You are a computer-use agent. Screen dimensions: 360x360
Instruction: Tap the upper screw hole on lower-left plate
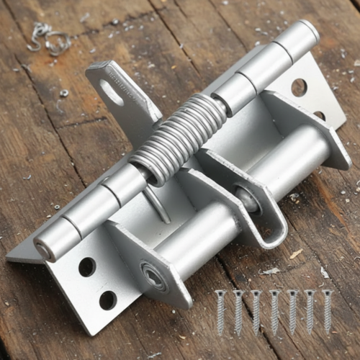87,267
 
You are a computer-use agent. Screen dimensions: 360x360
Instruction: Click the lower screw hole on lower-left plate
108,300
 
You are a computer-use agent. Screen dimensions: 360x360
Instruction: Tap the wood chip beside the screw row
296,253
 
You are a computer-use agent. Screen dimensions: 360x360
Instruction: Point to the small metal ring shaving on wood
64,93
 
